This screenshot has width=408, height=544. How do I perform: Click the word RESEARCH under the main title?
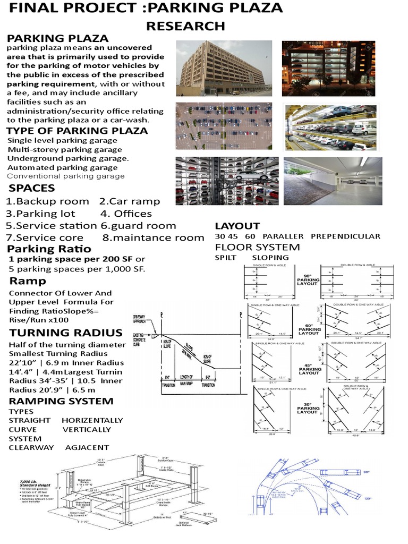click(185, 26)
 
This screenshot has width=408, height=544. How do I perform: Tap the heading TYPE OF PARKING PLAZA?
click(77, 131)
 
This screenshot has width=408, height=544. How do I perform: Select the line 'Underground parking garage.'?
click(68, 158)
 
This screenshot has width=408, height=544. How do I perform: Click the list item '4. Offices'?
click(125, 214)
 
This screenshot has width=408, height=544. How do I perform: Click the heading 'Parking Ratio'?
click(49, 249)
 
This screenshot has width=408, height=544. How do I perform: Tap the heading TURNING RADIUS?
click(65, 333)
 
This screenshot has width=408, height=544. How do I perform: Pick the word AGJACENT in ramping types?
click(87, 447)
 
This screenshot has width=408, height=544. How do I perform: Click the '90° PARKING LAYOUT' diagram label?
click(309, 280)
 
